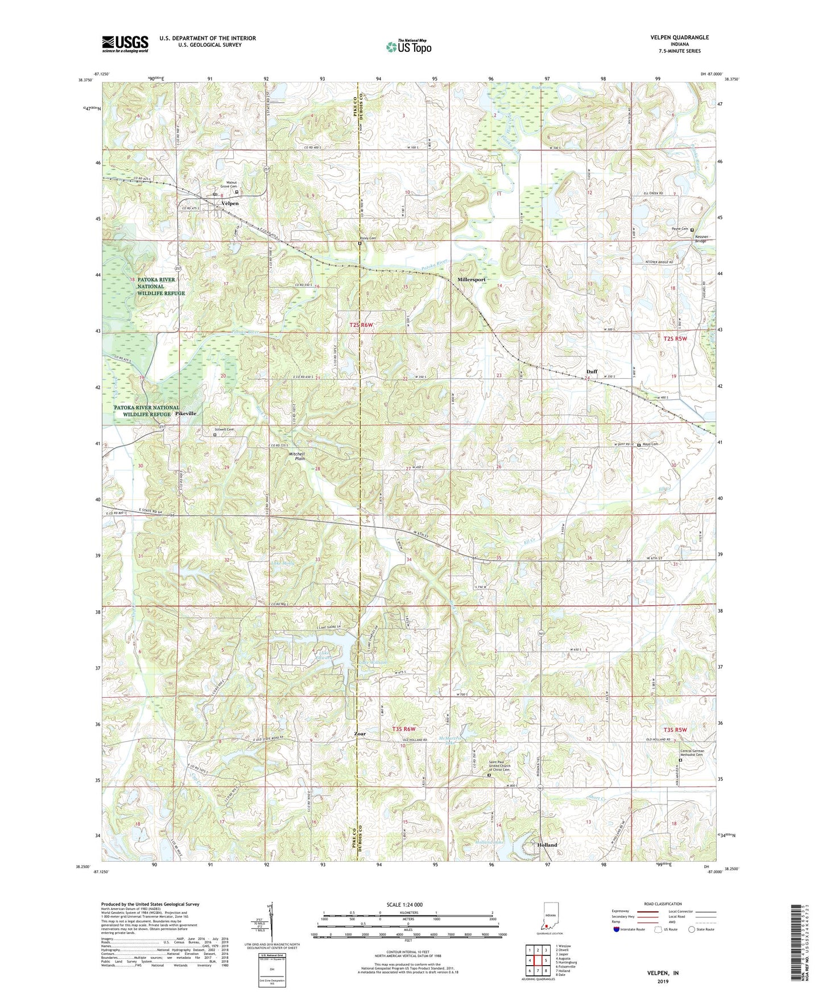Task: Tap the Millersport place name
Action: (472, 280)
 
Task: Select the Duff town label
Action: (592, 371)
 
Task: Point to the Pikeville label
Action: (185, 413)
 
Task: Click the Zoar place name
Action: (360, 734)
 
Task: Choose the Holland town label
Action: (547, 845)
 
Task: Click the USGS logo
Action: (125, 44)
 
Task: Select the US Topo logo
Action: (407, 47)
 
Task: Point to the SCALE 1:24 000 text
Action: (405, 905)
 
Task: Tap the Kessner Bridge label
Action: (701, 238)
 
